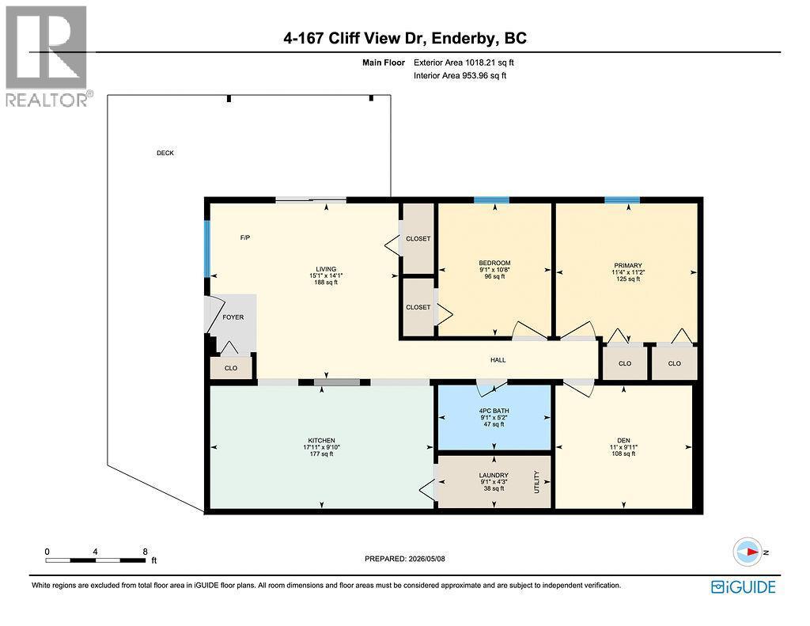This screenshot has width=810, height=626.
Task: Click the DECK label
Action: click(165, 153)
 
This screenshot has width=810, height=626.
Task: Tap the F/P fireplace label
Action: click(245, 237)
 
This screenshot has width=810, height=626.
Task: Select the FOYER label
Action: click(233, 317)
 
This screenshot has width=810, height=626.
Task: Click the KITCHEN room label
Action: click(322, 441)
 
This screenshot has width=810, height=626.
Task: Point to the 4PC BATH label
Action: click(494, 411)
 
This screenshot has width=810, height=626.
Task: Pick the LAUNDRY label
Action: click(494, 475)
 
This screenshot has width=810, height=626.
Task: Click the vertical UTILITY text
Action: click(537, 482)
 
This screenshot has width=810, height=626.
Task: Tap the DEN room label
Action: click(623, 441)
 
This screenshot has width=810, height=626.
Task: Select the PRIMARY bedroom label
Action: click(628, 266)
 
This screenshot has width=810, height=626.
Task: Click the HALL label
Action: click(498, 360)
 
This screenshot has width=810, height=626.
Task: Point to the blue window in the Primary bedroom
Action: click(623, 200)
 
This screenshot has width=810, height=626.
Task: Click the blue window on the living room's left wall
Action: click(207, 249)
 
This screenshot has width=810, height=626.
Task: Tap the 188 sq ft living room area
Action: click(326, 283)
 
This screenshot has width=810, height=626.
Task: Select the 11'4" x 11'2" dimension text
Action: click(628, 272)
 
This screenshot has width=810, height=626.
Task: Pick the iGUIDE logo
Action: click(744, 586)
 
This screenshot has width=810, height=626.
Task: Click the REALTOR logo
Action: click(47, 56)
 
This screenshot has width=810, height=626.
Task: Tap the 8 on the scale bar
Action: click(146, 552)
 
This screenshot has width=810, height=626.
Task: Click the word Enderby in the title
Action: click(463, 38)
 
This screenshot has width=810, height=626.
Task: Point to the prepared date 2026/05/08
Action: click(426, 559)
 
